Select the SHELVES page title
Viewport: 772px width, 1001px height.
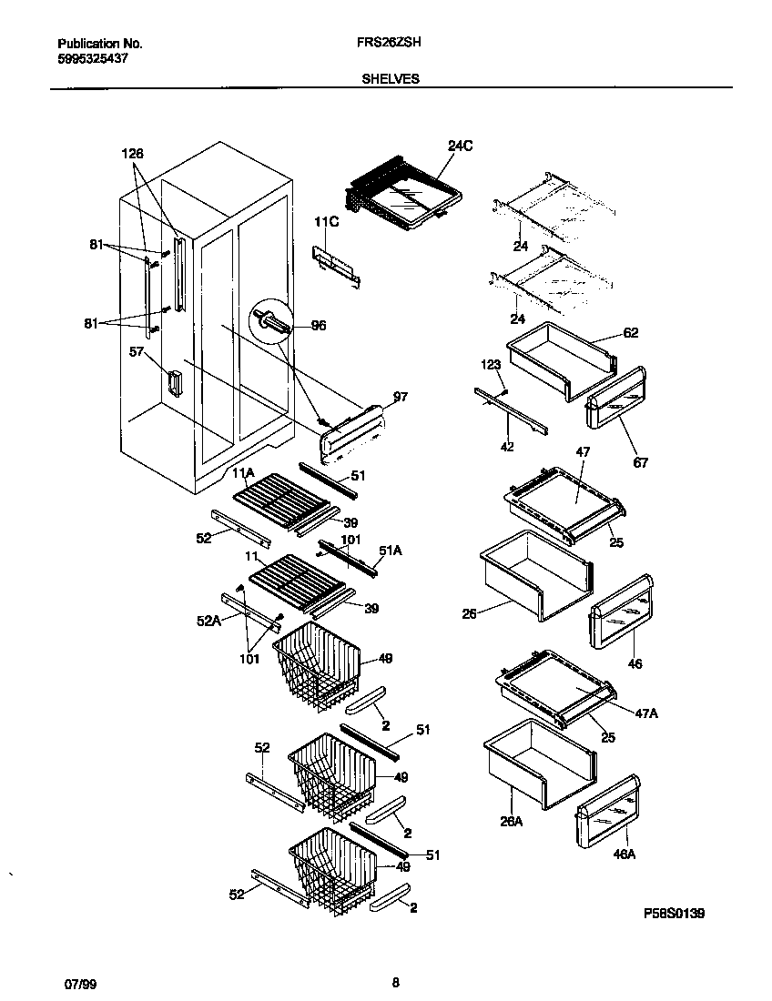(391, 79)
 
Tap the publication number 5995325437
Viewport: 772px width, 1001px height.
(92, 58)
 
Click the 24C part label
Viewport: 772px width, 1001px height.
(461, 147)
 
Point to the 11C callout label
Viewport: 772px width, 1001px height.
(327, 221)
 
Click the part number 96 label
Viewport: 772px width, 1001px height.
(319, 326)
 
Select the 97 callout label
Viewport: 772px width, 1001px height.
(401, 398)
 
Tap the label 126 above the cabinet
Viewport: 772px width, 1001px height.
(134, 154)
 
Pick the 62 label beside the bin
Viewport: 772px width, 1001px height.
(631, 333)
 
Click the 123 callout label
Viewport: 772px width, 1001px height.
(491, 365)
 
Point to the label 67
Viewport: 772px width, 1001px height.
(641, 463)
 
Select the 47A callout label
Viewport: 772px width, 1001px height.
(646, 714)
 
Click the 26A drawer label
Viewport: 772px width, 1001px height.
(511, 821)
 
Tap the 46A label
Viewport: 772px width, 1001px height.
(624, 854)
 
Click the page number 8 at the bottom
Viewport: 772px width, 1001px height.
(395, 982)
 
